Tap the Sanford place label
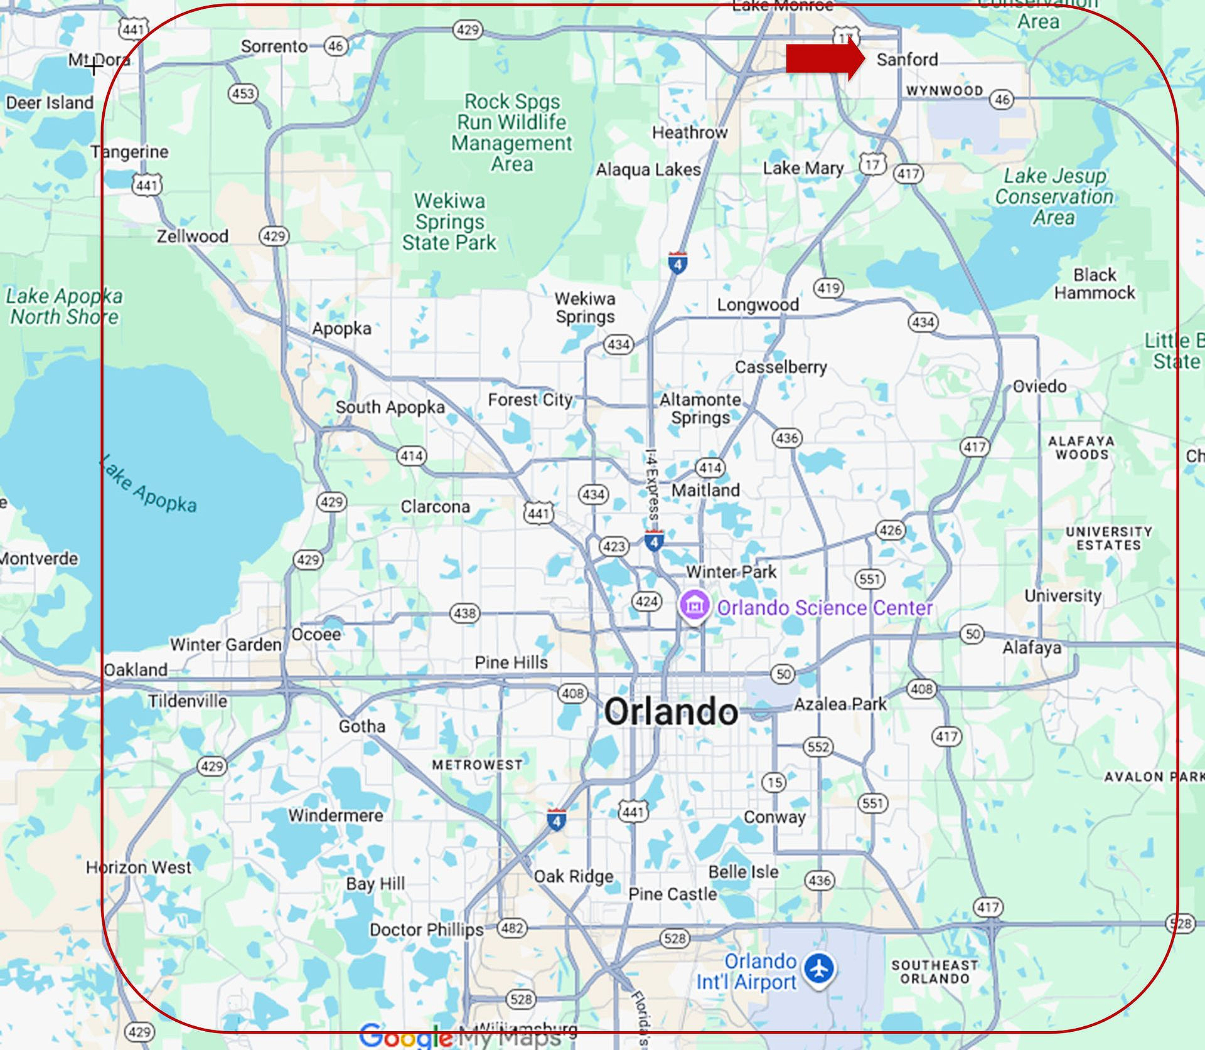tap(907, 60)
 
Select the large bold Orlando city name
tap(670, 712)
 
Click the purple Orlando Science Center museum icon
tap(694, 606)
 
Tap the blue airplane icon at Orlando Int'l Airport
tap(820, 968)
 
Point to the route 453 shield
tap(242, 94)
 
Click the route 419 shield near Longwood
tap(828, 288)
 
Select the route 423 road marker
tap(613, 546)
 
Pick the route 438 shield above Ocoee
tap(464, 613)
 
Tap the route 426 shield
tap(890, 530)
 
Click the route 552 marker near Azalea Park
tap(818, 746)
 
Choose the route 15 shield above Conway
tap(775, 782)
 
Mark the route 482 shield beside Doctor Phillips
tap(512, 928)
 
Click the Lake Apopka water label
tap(149, 484)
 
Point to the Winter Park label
tap(731, 571)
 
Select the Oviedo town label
tap(1039, 386)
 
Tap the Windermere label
tap(335, 815)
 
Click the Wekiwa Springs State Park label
tap(449, 221)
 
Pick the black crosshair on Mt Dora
tap(94, 65)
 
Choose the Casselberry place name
tap(781, 366)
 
